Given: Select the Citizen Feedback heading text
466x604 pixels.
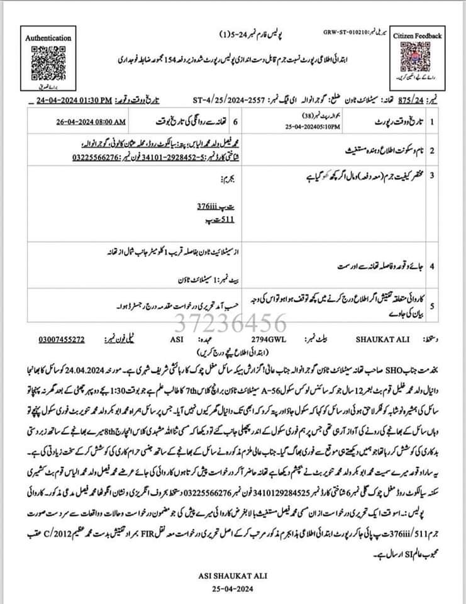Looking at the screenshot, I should click(418, 36).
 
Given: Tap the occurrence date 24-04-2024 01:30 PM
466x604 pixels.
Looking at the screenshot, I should click(74, 100).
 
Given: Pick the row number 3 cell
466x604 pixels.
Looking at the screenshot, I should click(432, 174).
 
